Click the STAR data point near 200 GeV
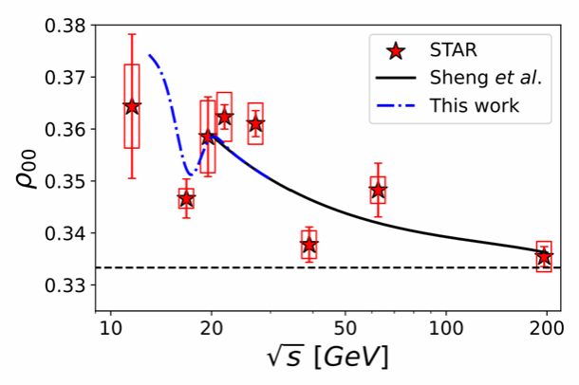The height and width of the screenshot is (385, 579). [544, 256]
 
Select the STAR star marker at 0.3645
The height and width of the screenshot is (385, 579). [132, 106]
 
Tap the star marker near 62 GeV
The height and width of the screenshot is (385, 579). [378, 191]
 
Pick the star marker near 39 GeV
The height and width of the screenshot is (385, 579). [308, 245]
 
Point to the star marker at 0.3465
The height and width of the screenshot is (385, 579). [186, 199]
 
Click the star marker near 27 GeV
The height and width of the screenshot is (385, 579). [255, 123]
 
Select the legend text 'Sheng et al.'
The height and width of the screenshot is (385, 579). [485, 77]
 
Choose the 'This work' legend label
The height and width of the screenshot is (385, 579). [475, 104]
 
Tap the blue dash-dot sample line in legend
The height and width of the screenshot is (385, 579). [401, 104]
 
